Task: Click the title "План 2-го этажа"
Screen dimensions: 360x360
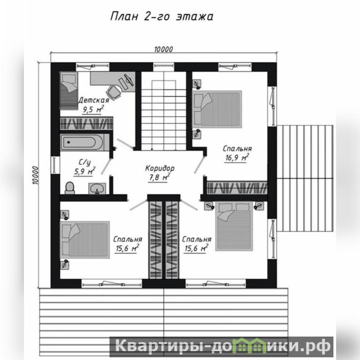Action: [162, 17]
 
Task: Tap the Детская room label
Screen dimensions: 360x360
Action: [94, 100]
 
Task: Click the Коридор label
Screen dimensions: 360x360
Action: [160, 169]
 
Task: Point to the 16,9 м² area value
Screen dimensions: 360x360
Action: [237, 158]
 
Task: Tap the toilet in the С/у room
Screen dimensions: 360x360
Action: [70, 188]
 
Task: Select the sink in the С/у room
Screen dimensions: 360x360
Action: [97, 188]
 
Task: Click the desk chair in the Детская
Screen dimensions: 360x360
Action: [114, 92]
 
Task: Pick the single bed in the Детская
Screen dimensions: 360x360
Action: [68, 91]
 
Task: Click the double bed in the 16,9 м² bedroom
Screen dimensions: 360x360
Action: [217, 109]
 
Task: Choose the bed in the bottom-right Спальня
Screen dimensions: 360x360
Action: [234, 226]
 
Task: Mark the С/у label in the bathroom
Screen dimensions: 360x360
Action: [84, 162]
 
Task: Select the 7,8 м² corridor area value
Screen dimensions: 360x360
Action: [159, 178]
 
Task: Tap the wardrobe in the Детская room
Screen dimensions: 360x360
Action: [87, 123]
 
